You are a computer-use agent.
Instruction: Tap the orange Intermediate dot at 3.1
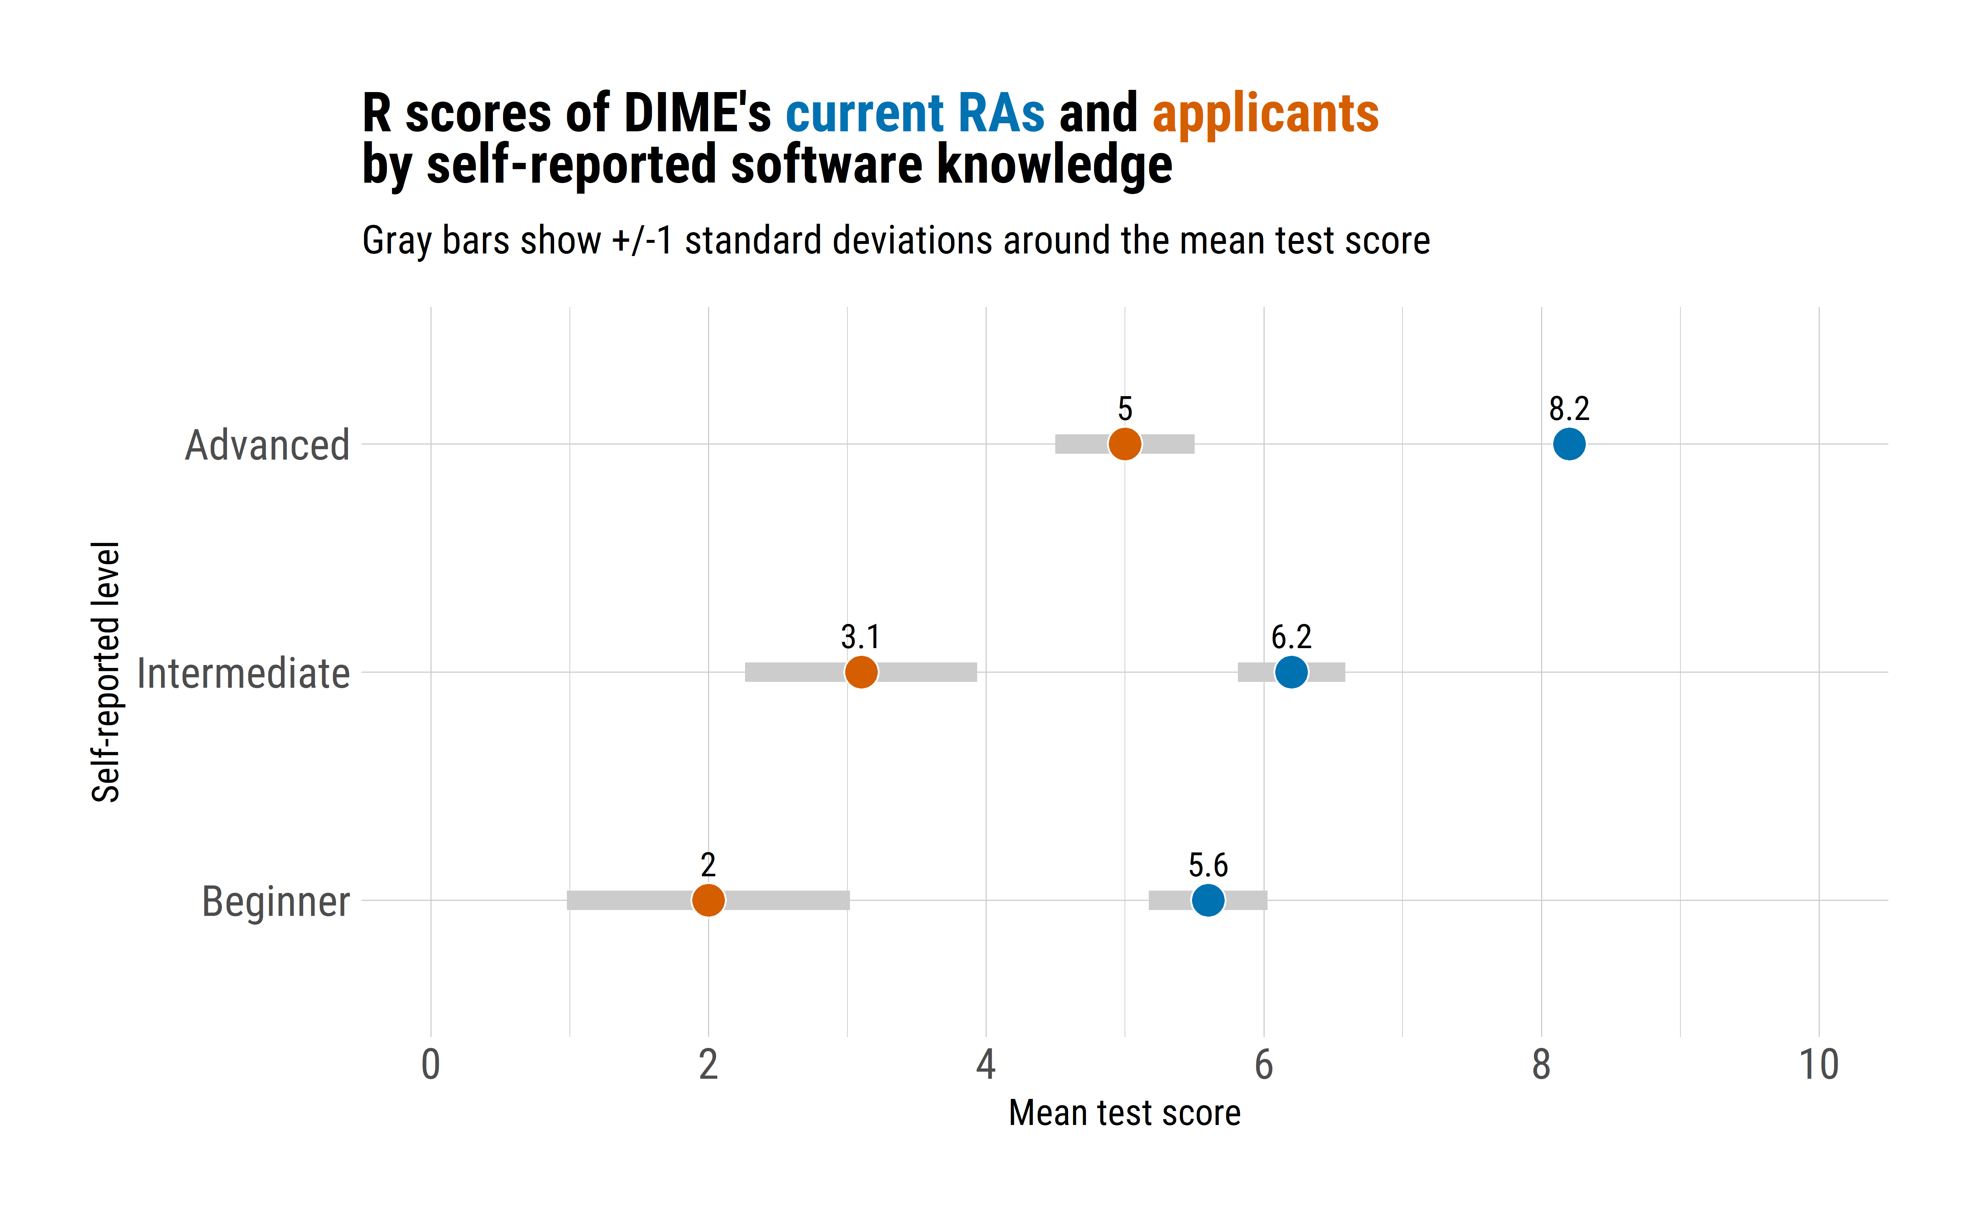coord(861,672)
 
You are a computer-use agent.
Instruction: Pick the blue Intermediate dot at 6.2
coord(1291,672)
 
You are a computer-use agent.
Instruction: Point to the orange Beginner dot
coord(708,900)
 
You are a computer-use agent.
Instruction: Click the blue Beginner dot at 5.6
coord(1208,900)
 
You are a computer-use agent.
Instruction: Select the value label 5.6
coord(1208,865)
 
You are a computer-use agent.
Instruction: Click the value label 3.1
coord(860,637)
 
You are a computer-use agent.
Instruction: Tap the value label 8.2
coord(1569,409)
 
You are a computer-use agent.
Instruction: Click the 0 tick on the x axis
coord(430,1064)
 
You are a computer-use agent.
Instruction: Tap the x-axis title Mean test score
coord(1124,1113)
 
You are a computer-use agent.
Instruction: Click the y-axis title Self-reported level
coord(105,672)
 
